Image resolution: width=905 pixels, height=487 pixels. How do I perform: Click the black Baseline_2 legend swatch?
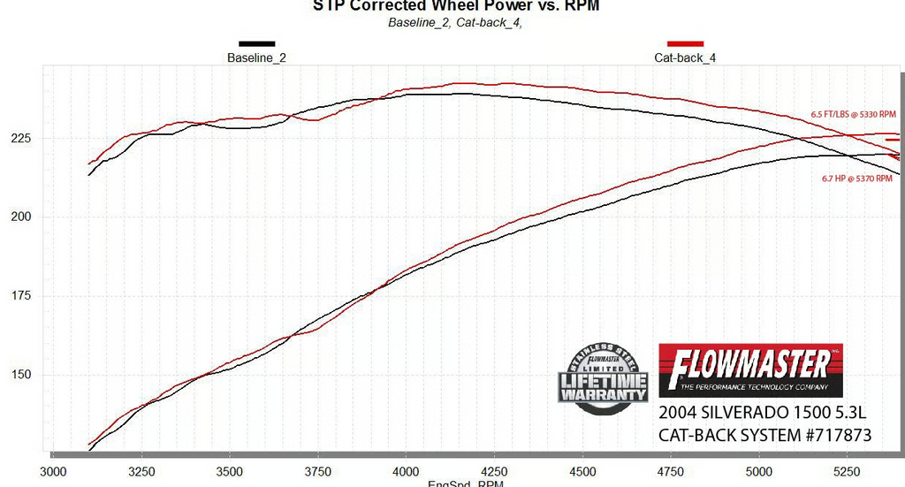(x=256, y=43)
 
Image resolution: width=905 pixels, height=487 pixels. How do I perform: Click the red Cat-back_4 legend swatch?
(x=685, y=43)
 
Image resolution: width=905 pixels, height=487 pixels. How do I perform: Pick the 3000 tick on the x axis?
(x=53, y=471)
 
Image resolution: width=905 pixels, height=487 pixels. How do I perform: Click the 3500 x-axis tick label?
(x=229, y=471)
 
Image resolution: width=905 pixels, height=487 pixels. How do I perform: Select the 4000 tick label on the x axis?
(x=406, y=471)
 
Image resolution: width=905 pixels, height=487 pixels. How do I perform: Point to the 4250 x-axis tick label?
(x=494, y=471)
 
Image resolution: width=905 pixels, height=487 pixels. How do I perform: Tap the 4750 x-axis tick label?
(x=671, y=471)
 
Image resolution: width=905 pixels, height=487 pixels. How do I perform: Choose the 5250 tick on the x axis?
(x=847, y=471)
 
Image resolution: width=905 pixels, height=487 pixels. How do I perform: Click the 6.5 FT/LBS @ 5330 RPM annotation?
(x=853, y=115)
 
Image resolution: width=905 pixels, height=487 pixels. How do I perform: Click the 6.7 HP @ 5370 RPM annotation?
(x=856, y=179)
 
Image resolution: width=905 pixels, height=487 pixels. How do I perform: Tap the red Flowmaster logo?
(x=750, y=370)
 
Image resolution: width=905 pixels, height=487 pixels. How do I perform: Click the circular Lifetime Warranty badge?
(x=603, y=377)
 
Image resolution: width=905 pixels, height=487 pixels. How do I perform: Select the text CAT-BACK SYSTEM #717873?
(x=765, y=435)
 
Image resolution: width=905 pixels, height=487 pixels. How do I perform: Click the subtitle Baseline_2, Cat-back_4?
(x=455, y=23)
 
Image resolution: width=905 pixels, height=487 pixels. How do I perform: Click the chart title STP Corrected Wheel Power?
(x=455, y=5)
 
